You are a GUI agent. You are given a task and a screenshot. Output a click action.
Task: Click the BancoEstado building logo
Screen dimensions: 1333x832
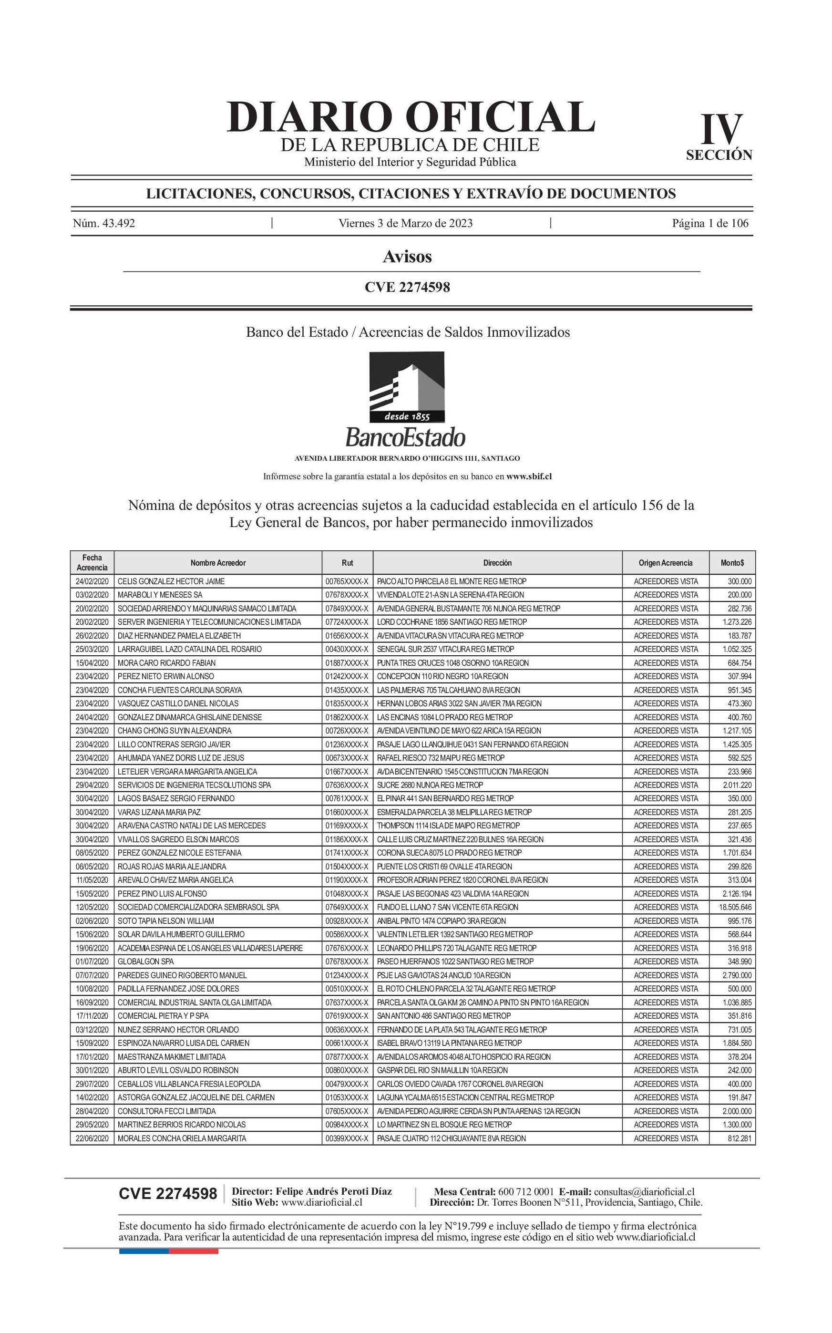tap(407, 387)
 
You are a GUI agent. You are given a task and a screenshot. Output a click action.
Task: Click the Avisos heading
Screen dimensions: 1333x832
tap(407, 257)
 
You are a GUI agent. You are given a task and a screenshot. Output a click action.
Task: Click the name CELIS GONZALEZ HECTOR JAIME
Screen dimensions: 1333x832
tap(171, 581)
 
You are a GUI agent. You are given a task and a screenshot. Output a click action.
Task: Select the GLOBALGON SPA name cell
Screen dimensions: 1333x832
tap(146, 961)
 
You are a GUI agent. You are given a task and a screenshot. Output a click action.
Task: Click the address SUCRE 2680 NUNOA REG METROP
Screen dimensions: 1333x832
tap(430, 785)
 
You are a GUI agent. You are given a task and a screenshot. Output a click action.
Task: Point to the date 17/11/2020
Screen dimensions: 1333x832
tap(92, 1015)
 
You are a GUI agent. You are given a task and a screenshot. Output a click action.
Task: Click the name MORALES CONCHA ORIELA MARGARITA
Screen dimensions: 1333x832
tap(182, 1138)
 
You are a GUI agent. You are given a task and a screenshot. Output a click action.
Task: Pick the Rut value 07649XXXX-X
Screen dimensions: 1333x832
tap(347, 907)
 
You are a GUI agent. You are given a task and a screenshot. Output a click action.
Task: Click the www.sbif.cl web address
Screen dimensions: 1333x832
tap(529, 476)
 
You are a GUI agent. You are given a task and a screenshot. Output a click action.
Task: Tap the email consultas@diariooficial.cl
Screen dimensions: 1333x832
tap(644, 1191)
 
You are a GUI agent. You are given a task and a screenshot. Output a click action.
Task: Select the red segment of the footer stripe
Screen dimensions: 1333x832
tap(193, 1251)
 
